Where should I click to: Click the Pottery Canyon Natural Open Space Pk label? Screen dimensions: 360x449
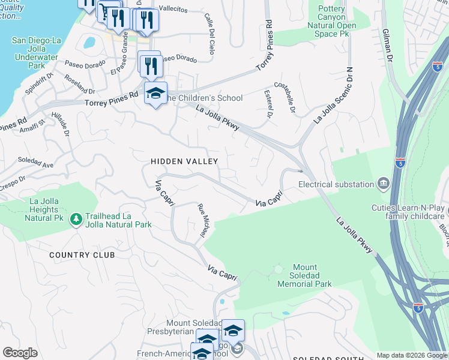point(331,21)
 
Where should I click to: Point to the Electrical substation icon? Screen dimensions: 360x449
point(383,183)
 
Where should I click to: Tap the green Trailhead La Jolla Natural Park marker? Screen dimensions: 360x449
point(76,220)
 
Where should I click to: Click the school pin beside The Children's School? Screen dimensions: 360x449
point(155,94)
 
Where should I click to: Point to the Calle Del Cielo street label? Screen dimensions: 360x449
point(209,34)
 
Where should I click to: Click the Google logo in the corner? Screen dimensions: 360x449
point(20,353)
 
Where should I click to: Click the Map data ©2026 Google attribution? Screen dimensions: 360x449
point(412,355)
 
